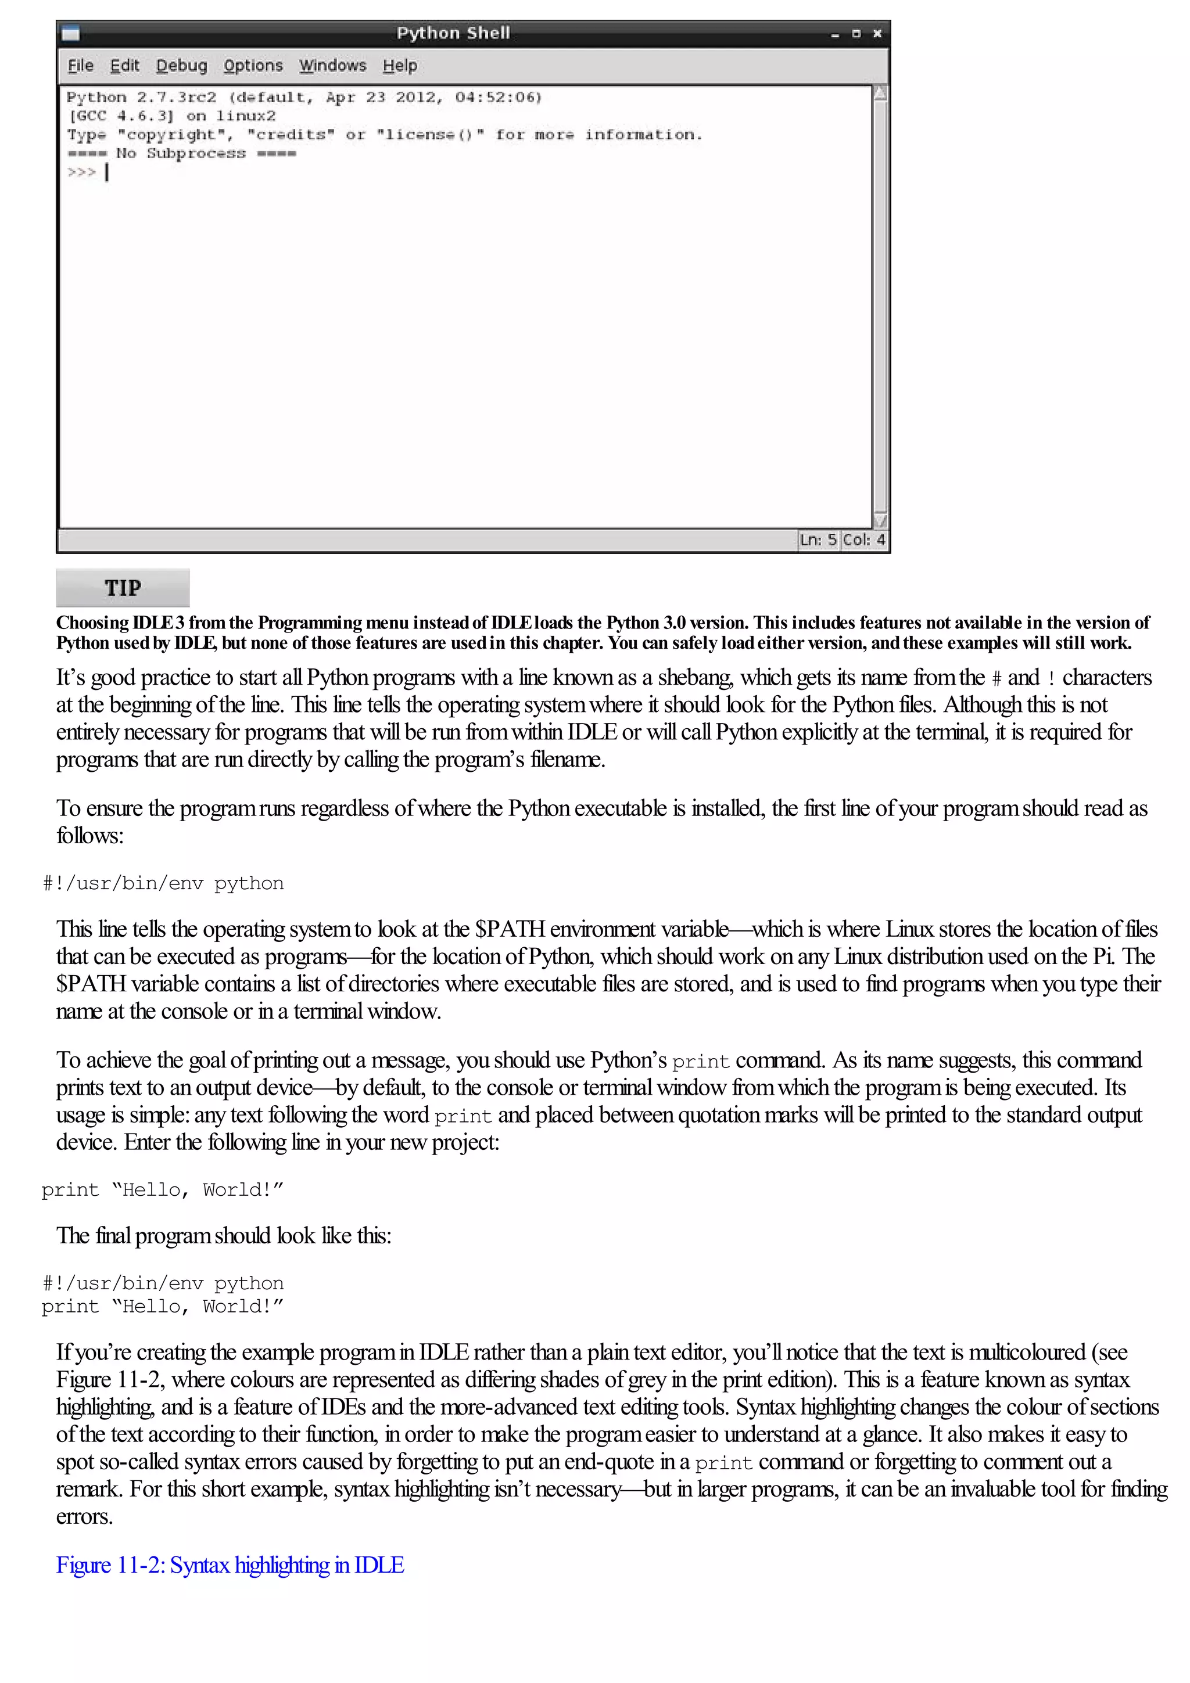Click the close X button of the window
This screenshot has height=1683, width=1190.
[877, 34]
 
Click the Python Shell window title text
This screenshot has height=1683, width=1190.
[453, 33]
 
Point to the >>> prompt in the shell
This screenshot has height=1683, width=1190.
[81, 172]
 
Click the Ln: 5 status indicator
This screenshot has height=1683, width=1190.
[818, 540]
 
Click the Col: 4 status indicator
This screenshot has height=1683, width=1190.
[863, 540]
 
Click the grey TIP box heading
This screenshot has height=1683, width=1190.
[123, 588]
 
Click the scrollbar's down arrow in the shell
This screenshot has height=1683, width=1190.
[880, 520]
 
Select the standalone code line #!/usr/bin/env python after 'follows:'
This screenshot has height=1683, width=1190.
[163, 883]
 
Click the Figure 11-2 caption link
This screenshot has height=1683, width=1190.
[230, 1565]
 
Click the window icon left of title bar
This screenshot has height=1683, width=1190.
[70, 34]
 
